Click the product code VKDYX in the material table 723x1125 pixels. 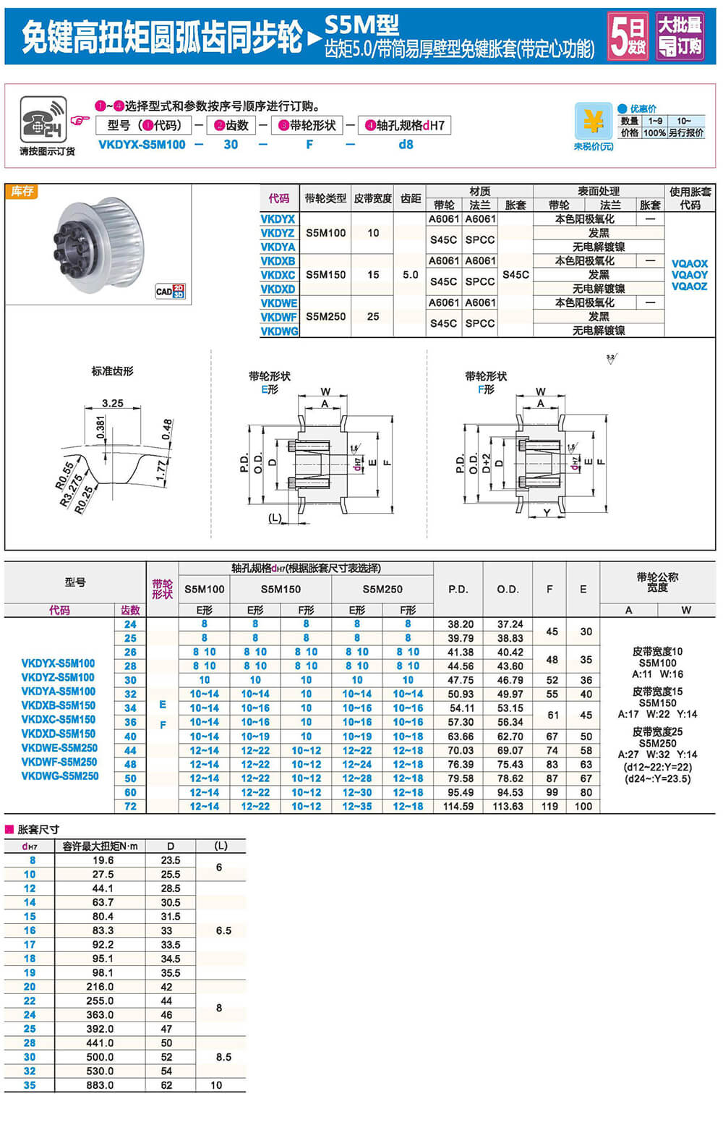(278, 219)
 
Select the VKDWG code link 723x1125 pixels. (279, 331)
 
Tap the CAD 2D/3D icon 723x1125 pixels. (170, 292)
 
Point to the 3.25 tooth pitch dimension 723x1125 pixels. (112, 403)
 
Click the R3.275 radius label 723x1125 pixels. (71, 490)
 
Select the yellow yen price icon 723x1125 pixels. (593, 122)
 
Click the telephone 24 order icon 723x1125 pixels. (43, 120)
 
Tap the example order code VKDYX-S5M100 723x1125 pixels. (142, 145)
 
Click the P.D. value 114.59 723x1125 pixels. (458, 806)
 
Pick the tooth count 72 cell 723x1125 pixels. (130, 806)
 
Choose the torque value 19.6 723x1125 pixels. (103, 860)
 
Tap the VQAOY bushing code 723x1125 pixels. (689, 275)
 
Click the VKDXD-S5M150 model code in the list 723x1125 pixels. (59, 734)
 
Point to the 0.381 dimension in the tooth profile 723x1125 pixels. (100, 428)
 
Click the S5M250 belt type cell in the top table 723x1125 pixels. (325, 316)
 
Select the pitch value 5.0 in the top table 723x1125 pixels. (410, 275)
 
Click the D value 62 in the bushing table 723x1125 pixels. (166, 1085)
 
